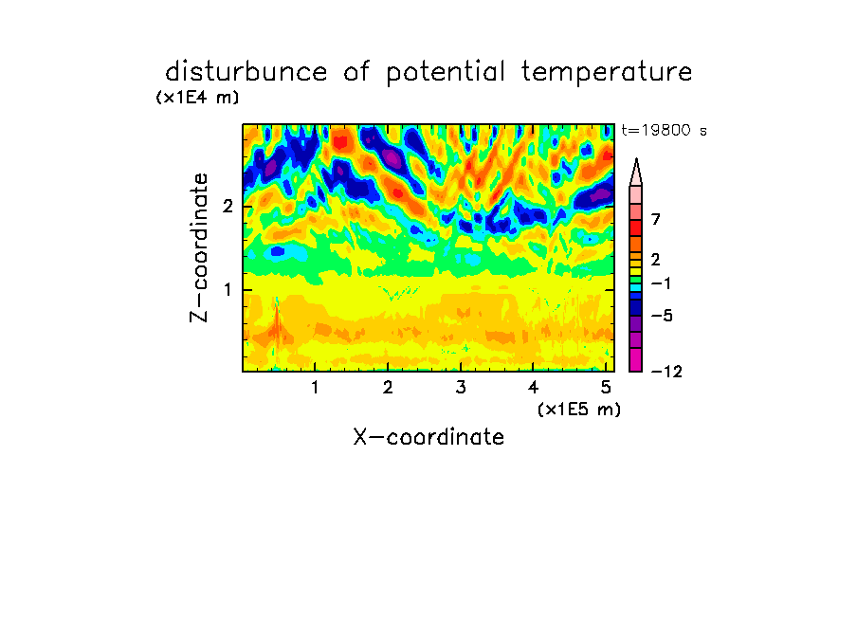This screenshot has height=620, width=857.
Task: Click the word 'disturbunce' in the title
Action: [x=246, y=72]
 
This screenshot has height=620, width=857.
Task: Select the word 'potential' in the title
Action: [x=446, y=73]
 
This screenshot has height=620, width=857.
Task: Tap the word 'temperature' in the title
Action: [x=607, y=73]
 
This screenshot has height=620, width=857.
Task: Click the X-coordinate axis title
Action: [x=428, y=437]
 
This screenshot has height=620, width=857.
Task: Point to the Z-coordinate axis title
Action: [x=199, y=247]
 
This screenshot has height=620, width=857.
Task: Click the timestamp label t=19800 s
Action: [x=664, y=130]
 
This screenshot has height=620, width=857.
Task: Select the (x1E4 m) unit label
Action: [x=197, y=98]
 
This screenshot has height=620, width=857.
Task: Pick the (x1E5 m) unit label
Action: [x=579, y=410]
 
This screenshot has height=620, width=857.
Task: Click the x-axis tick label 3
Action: [x=461, y=388]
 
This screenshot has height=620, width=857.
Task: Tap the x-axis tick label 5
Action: [x=606, y=388]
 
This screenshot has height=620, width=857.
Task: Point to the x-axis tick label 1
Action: [x=316, y=388]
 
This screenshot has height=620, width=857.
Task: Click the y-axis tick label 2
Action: [x=228, y=207]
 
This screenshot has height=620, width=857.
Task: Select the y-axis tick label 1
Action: [x=228, y=289]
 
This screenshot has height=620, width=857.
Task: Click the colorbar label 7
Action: [x=656, y=220]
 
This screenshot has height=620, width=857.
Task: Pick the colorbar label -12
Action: [x=666, y=372]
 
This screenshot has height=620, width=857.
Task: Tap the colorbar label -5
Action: [x=662, y=316]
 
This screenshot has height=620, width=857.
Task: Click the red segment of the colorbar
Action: [x=636, y=228]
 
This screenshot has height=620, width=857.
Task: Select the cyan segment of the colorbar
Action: [x=636, y=287]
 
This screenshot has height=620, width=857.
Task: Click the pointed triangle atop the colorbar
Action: [x=636, y=173]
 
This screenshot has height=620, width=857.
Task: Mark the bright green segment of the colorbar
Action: [x=636, y=280]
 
